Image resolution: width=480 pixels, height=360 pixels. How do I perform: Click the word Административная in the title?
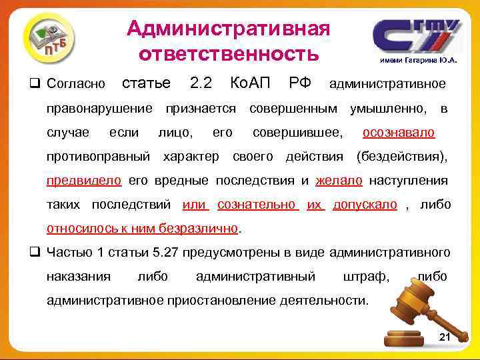pos(228,28)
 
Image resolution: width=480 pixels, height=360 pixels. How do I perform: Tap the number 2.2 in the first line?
pos(201,83)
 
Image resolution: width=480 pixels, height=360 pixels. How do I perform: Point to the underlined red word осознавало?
pos(399,132)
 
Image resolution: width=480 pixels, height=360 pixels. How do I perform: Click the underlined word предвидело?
pos(84,180)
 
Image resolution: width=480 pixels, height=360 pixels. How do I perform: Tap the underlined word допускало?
pos(365,204)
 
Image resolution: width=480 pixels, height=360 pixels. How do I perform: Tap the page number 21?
pos(445,338)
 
